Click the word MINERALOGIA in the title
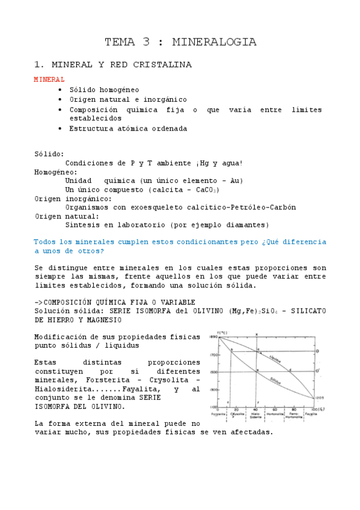[214, 42]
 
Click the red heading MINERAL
[49, 79]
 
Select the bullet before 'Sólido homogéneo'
[60, 90]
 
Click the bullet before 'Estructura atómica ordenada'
[60, 129]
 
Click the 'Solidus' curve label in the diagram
[276, 381]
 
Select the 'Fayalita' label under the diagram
[311, 415]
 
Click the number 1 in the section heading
[37, 64]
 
